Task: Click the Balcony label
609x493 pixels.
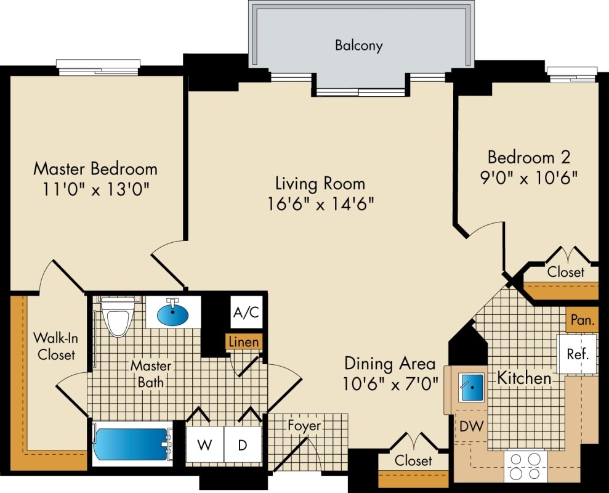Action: click(x=358, y=45)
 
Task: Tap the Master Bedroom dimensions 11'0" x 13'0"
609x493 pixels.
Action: click(x=95, y=187)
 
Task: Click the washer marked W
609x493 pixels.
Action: click(x=204, y=444)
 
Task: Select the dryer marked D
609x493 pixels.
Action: click(x=243, y=444)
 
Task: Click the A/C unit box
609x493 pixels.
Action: click(x=246, y=312)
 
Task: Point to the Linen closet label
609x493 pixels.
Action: click(x=244, y=342)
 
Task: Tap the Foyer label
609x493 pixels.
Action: click(x=304, y=426)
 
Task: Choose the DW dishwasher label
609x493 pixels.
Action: click(x=472, y=426)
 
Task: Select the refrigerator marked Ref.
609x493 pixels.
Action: click(x=577, y=354)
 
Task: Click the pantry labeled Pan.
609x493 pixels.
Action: click(x=582, y=320)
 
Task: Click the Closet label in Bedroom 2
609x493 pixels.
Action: click(x=565, y=272)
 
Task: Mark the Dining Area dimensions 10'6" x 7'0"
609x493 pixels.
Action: click(x=391, y=373)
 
